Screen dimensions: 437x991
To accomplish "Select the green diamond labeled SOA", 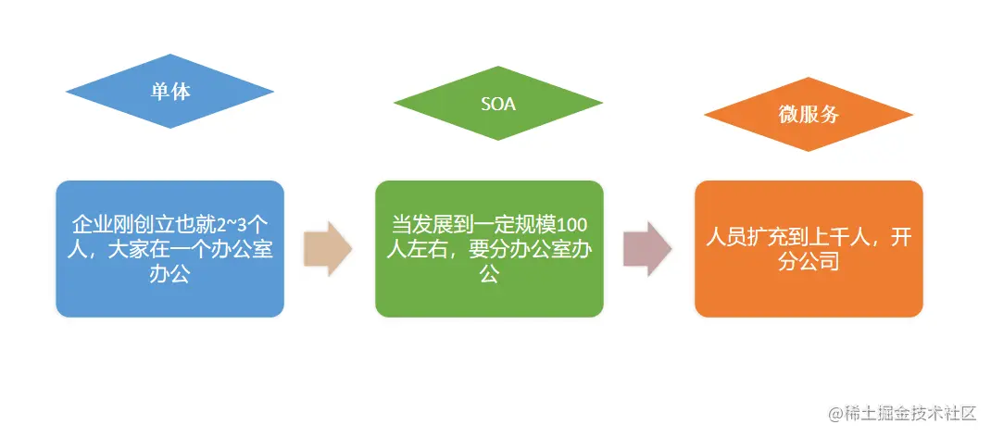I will point(497,104).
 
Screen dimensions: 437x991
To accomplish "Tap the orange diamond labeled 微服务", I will point(808,115).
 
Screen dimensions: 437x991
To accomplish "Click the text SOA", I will point(497,104).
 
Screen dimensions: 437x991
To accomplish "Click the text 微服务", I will point(808,115).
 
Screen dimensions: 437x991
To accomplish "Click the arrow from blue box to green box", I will point(328,248).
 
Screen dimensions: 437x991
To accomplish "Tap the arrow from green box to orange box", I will point(647,248).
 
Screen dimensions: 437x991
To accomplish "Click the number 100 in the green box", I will point(572,225).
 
